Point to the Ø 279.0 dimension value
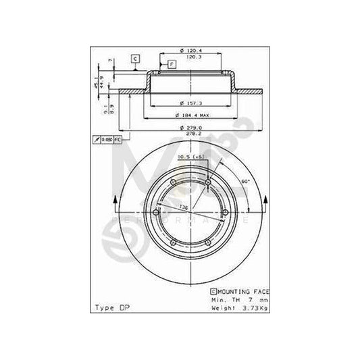tap(189, 128)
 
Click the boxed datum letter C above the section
tap(134, 59)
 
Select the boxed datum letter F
tap(172, 63)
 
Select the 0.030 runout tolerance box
tap(107, 139)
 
